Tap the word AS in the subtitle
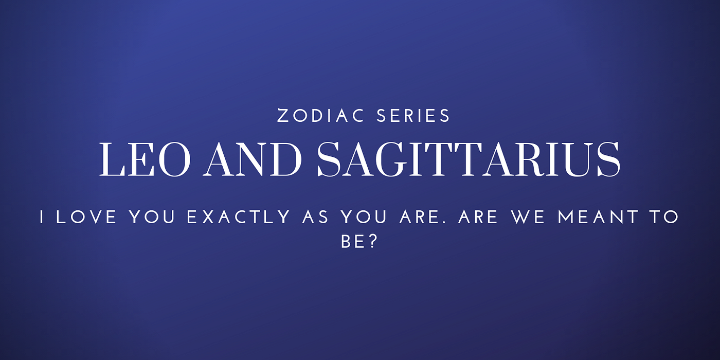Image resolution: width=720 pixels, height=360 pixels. click(x=316, y=217)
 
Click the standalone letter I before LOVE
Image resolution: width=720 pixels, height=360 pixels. click(x=42, y=217)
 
